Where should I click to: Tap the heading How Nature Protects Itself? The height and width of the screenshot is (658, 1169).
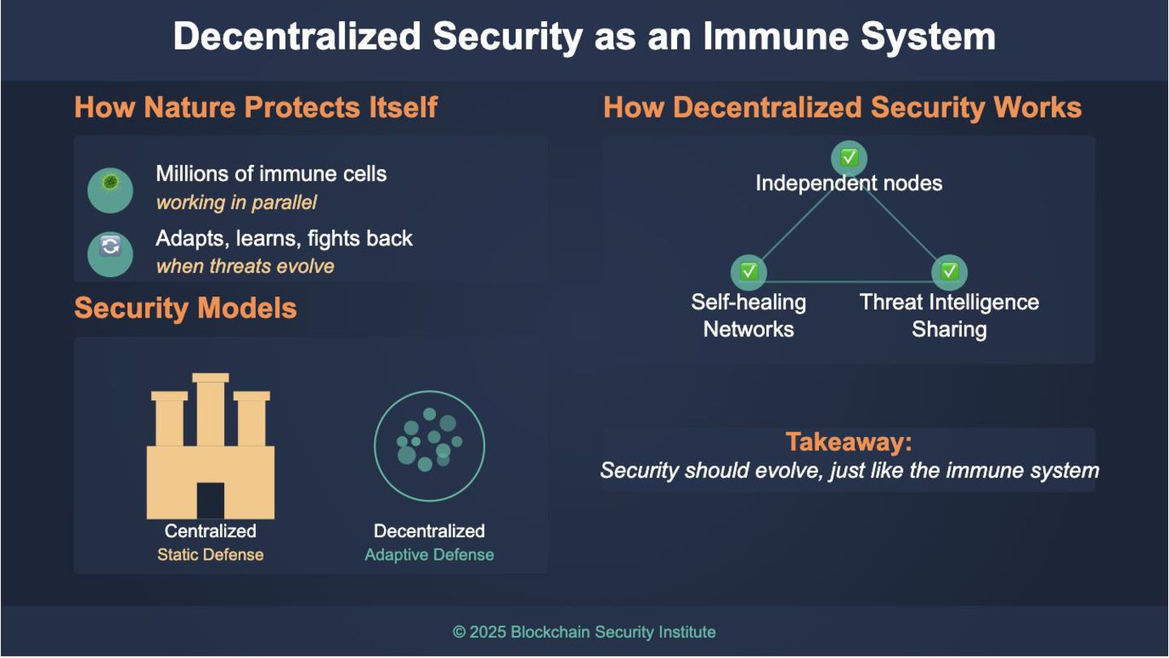[x=256, y=107]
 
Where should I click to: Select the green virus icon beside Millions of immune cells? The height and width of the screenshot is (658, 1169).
[x=110, y=184]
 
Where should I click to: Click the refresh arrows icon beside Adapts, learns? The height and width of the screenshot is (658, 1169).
[x=110, y=247]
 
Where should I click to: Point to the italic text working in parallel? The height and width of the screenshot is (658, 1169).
[x=236, y=202]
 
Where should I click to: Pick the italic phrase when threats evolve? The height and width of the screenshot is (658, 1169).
[x=245, y=266]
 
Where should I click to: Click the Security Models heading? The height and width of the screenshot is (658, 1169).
[x=185, y=309]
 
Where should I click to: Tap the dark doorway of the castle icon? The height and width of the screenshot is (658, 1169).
[x=210, y=500]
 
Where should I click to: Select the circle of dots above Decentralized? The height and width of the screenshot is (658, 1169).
[x=429, y=445]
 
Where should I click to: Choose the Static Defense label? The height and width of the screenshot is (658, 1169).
[x=210, y=556]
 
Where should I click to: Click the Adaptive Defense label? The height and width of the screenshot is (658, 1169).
[x=429, y=556]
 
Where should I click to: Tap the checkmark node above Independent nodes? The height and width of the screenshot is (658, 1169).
[x=849, y=158]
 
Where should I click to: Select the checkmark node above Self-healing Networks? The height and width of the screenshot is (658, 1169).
[x=748, y=271]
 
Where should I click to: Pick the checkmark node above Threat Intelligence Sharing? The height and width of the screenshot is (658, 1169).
[x=949, y=271]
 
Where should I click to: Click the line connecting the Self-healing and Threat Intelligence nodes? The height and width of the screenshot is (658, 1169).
[x=848, y=282]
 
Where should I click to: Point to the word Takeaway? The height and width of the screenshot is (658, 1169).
[x=848, y=443]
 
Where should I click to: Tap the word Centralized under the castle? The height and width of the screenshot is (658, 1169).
[x=210, y=531]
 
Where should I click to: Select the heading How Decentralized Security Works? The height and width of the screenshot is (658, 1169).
[x=843, y=107]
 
